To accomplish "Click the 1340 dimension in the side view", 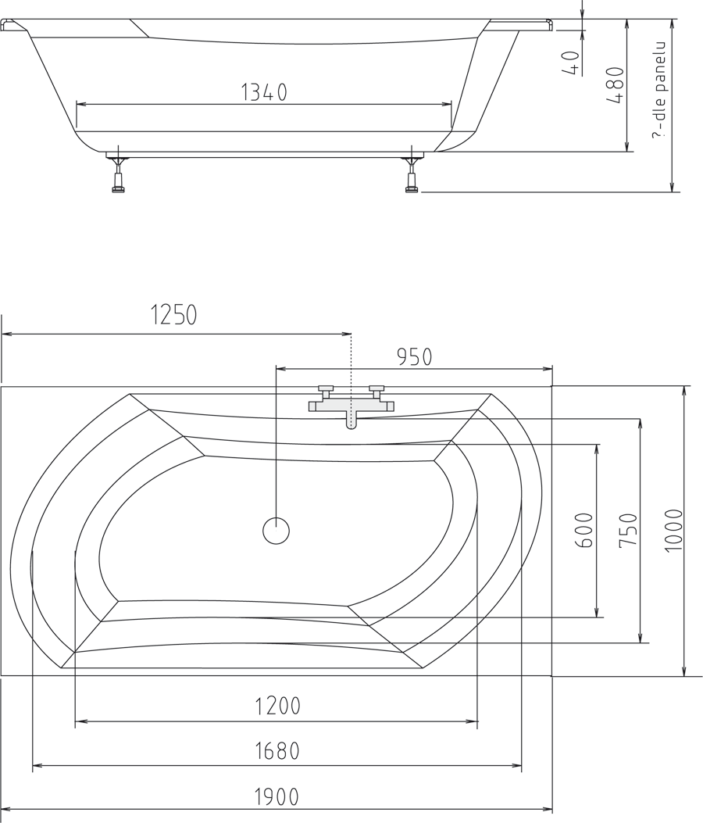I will click(x=263, y=92).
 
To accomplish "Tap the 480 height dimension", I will click(x=616, y=86).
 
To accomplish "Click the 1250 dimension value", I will click(x=173, y=315).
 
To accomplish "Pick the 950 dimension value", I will click(x=414, y=357).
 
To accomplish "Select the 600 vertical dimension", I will click(x=585, y=530).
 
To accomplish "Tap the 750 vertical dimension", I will click(x=629, y=530).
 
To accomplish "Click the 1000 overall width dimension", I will click(x=673, y=530).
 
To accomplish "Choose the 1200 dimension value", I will click(x=277, y=707).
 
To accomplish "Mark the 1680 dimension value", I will click(x=277, y=751).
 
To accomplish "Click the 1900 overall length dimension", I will click(x=277, y=797).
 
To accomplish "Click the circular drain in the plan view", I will click(x=276, y=531).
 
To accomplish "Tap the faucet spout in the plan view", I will click(x=351, y=420).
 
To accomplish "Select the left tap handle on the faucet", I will click(x=325, y=388).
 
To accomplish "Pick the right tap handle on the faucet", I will click(x=377, y=388).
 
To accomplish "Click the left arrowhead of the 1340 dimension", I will click(x=80, y=104).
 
